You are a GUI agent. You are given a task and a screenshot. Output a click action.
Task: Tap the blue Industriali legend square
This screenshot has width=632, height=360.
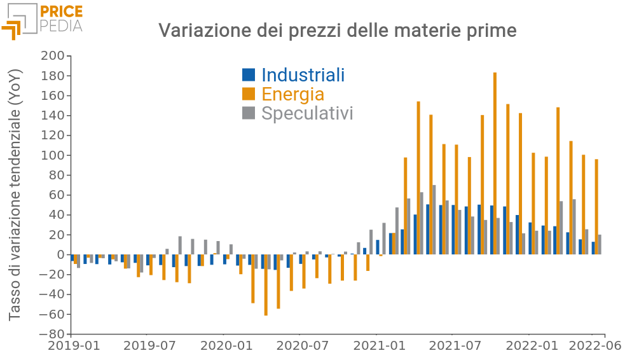point(249,75)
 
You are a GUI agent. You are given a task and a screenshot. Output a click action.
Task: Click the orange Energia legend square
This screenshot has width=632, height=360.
point(249,94)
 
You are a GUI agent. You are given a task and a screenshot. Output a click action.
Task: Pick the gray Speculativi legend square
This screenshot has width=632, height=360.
point(249,113)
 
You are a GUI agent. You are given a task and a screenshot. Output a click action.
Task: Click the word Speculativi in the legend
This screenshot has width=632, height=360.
point(307,113)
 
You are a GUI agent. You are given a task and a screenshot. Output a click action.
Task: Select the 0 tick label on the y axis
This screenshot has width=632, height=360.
point(60,254)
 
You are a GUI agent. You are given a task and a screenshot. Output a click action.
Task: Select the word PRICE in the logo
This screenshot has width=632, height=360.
point(61,11)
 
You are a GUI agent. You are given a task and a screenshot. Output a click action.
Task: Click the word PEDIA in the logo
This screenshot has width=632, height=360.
point(61,26)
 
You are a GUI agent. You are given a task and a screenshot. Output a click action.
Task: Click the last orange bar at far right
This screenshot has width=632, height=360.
point(596,207)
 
